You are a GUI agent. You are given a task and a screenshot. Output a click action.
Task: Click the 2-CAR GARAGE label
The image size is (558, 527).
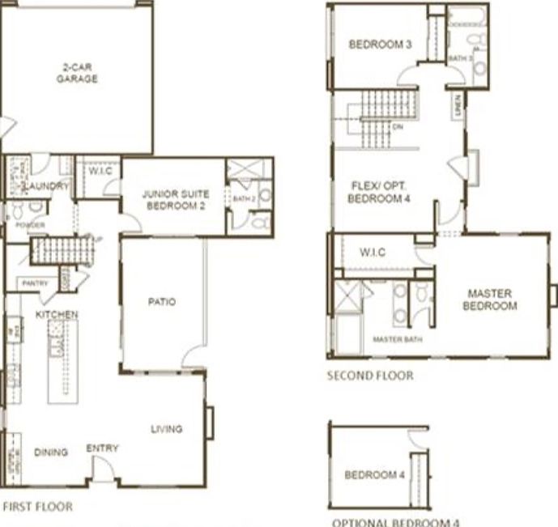point(77,73)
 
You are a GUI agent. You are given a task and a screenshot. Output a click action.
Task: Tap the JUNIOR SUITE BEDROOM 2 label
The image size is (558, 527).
point(176,199)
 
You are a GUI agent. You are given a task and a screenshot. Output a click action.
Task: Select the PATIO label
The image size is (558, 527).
point(162,302)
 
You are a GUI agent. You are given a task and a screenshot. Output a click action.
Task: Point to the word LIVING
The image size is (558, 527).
point(166,429)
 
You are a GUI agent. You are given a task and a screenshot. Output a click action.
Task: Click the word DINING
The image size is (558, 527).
point(51,452)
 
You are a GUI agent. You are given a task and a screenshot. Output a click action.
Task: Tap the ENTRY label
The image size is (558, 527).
point(102,448)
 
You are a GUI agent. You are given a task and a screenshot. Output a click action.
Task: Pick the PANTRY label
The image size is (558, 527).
point(35,283)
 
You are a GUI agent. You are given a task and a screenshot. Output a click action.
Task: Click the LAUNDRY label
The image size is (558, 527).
point(47,187)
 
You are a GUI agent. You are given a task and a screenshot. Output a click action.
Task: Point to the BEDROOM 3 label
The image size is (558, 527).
point(381,45)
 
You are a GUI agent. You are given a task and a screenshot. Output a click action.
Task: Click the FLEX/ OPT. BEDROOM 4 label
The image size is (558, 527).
point(375,194)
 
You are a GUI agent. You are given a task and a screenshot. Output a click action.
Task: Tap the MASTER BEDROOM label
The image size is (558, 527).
point(489,300)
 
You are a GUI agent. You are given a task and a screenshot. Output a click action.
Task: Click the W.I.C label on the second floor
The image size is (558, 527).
point(373,253)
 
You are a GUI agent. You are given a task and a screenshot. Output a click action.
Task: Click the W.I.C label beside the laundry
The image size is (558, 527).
point(100,172)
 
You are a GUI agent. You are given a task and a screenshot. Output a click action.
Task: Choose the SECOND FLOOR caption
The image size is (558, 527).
point(370,376)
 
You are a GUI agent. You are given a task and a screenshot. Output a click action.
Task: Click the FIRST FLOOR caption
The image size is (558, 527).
point(37,508)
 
